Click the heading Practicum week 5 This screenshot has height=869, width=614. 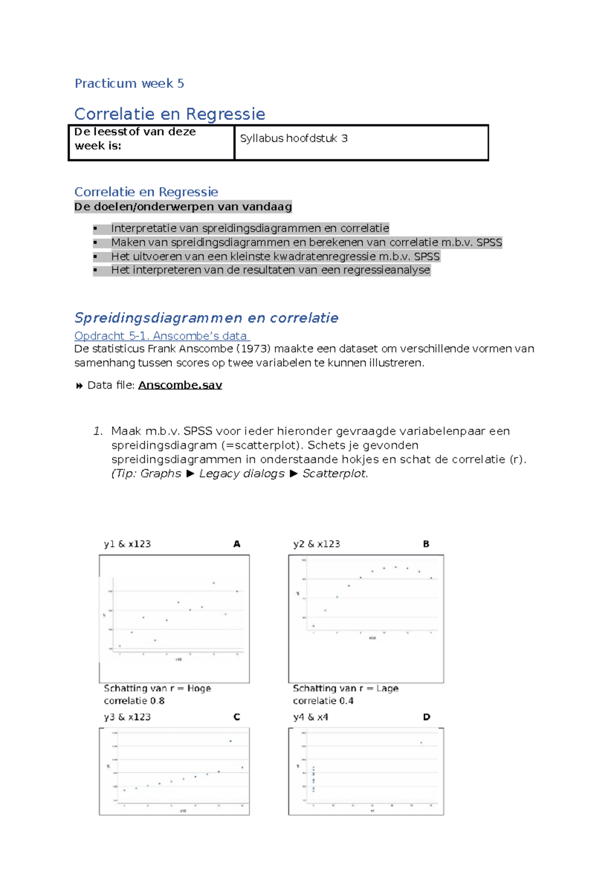(x=129, y=83)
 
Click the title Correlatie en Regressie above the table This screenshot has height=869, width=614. (x=169, y=114)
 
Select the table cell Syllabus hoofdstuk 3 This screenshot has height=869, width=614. (x=294, y=138)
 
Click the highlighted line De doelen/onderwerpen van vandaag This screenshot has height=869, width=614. (x=183, y=207)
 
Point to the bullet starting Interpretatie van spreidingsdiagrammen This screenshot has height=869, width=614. (x=250, y=228)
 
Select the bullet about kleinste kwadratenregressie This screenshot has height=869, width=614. (x=275, y=256)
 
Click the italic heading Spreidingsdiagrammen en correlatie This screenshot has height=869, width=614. (x=206, y=318)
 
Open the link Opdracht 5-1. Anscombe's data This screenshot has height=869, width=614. (x=161, y=336)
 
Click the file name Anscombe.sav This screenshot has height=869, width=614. (x=180, y=385)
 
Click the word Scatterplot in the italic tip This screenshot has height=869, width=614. (x=334, y=473)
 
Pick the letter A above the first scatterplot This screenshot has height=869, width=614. (x=236, y=544)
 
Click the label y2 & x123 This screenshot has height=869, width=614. (x=316, y=544)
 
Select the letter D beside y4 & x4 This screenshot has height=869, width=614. (x=426, y=717)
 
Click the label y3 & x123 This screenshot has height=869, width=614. (x=127, y=717)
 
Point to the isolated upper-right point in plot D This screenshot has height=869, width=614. (x=421, y=743)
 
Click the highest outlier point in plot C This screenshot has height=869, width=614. (x=230, y=741)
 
